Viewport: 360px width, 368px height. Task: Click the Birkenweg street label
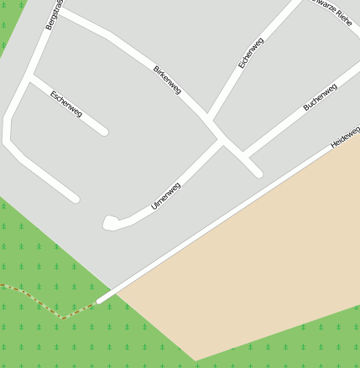point(167,79)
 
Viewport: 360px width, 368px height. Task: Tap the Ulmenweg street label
point(165,195)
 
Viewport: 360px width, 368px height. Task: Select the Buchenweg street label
point(320,96)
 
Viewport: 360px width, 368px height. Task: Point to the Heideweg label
point(345,137)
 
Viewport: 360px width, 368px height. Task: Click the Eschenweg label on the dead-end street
point(66,104)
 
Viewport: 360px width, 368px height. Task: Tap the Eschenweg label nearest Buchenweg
point(251,52)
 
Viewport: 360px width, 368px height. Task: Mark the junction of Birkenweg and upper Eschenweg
point(209,116)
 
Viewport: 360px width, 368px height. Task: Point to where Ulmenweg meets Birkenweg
point(222,140)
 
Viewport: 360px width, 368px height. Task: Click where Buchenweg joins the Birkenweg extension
point(245,156)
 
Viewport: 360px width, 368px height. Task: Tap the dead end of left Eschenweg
point(104,132)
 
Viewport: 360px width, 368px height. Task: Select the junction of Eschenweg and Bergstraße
point(31,78)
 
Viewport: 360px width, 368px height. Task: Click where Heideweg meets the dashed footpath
point(99,300)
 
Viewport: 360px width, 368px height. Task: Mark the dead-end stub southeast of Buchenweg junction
point(258,173)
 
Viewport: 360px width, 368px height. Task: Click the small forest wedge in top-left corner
point(7,25)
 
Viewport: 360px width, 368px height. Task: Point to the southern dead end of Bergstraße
point(75,199)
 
